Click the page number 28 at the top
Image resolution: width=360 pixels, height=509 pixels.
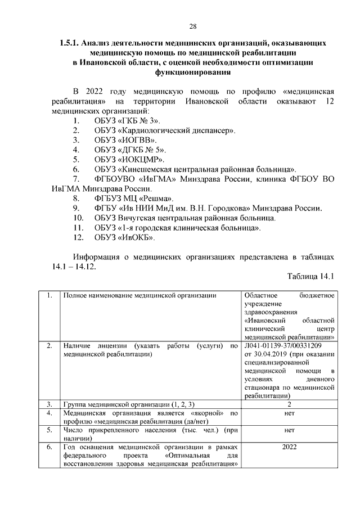pyautogui.click(x=192, y=26)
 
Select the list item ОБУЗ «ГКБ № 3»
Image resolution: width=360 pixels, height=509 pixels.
pyautogui.click(x=127, y=121)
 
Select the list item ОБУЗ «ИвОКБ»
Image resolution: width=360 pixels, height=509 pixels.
pyautogui.click(x=124, y=237)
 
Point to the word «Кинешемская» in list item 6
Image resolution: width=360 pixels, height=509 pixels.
pyautogui.click(x=147, y=169)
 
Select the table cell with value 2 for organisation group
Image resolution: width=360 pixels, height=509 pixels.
pyautogui.click(x=289, y=404)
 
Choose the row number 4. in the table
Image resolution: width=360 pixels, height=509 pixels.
pyautogui.click(x=49, y=413)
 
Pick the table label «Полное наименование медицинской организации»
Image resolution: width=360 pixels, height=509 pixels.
pyautogui.click(x=139, y=295)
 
